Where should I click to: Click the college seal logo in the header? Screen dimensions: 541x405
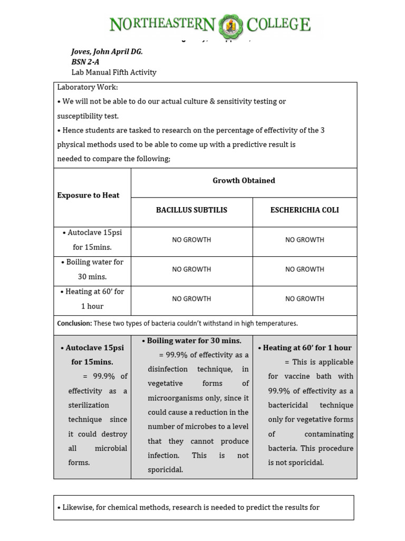(232, 25)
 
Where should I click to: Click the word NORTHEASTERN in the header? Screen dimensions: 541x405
(162, 24)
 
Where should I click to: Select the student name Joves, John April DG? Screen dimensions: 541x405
(107, 51)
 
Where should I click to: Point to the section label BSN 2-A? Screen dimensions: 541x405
(85, 62)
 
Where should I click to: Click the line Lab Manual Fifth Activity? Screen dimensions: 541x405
(113, 72)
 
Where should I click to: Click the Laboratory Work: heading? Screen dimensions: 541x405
(88, 87)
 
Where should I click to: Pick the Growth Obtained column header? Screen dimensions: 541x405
(244, 181)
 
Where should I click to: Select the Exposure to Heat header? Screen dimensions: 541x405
(88, 195)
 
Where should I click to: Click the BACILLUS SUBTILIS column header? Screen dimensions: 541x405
(191, 210)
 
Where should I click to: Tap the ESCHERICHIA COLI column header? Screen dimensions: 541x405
(304, 210)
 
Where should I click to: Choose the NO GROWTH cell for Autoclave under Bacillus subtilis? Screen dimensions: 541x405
(191, 240)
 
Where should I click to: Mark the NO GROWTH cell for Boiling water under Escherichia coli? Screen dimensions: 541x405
(304, 269)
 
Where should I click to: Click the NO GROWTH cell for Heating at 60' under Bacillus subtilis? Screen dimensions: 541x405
(191, 299)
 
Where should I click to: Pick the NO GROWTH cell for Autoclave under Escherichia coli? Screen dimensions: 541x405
(304, 240)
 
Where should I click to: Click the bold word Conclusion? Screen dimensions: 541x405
(74, 323)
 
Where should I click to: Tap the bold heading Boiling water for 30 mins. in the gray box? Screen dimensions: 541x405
(194, 341)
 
